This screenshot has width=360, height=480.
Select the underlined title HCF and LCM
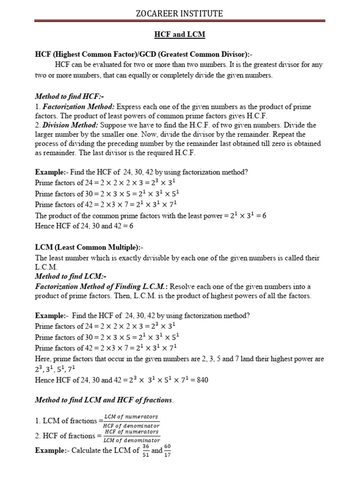[180, 35]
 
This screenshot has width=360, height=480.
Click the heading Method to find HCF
[68, 96]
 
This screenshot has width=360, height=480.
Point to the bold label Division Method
[70, 126]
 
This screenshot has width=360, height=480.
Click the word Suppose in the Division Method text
[114, 126]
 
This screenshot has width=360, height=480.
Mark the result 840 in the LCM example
[202, 380]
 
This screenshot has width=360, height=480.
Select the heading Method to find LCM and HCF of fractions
[104, 400]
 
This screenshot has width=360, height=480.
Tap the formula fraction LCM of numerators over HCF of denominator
[131, 420]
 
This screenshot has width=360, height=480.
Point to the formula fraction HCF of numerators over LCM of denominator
[131, 436]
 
